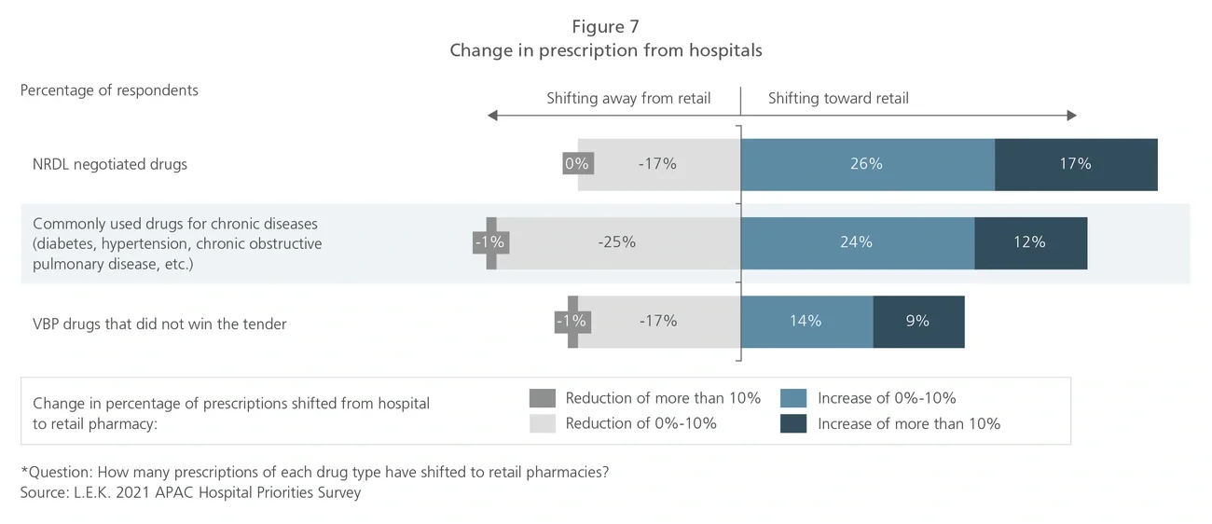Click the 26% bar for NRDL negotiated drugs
point(867,164)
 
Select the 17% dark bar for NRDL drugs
point(1075,164)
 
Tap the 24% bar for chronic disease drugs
point(856,242)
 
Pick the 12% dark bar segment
point(1029,242)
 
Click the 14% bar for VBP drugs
point(806,321)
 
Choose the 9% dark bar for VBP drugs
point(917,321)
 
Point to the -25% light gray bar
point(616,242)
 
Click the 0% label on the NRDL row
point(577,164)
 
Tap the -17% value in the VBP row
point(658,321)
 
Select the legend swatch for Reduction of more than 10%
point(542,398)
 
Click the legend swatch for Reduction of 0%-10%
point(542,423)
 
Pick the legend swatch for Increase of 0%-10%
point(793,398)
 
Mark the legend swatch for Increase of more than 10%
point(793,423)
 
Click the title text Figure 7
point(605,26)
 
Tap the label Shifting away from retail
point(628,98)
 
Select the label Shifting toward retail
point(838,98)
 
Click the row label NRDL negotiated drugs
point(110,164)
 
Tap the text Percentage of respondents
point(109,90)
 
